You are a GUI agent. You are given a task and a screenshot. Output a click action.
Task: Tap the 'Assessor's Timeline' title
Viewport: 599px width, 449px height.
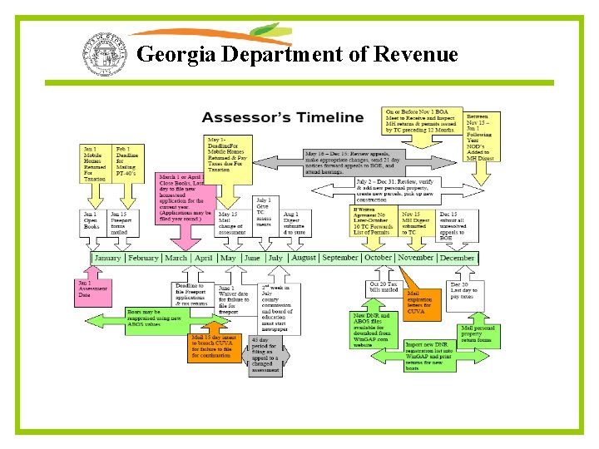283,117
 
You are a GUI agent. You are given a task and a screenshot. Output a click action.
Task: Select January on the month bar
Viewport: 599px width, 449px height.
107,258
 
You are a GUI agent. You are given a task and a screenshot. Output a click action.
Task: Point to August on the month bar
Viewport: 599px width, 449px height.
303,258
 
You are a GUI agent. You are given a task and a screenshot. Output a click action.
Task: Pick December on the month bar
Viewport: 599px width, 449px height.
456,258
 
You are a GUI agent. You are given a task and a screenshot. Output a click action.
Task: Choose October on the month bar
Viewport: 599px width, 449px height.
378,258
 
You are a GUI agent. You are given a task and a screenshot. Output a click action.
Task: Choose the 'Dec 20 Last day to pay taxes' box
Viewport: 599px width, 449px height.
463,293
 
